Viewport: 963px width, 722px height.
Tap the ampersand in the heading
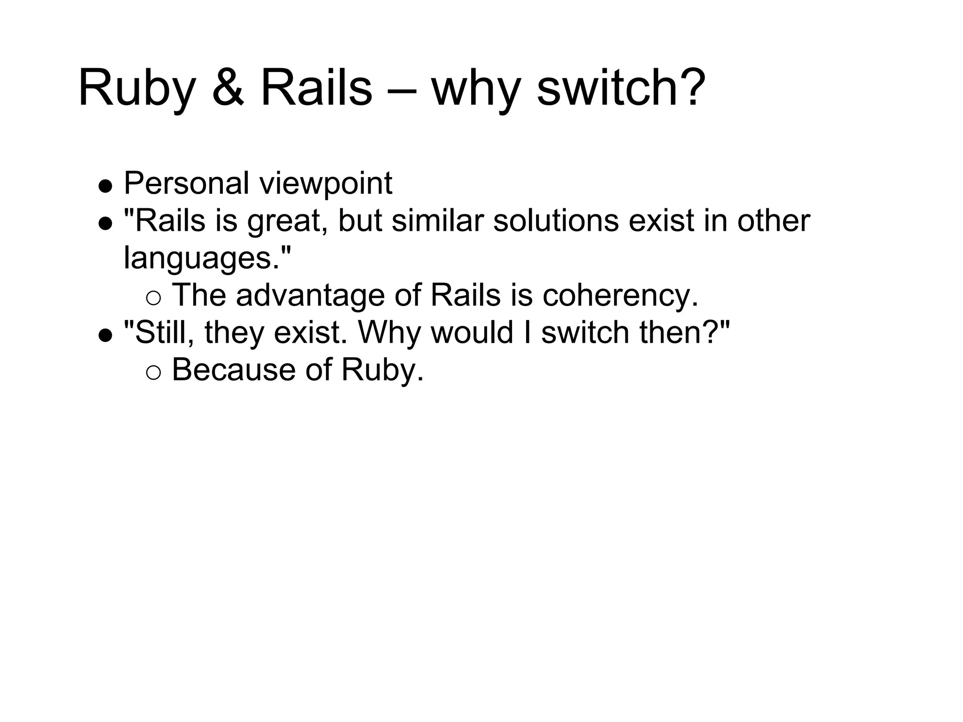click(x=228, y=88)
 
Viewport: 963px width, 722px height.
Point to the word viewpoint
click(x=326, y=184)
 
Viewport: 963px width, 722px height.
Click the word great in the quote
click(x=284, y=221)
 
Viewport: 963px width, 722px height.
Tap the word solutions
click(x=556, y=220)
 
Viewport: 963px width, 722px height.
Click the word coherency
click(x=620, y=296)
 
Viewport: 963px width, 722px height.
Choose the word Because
click(x=234, y=370)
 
